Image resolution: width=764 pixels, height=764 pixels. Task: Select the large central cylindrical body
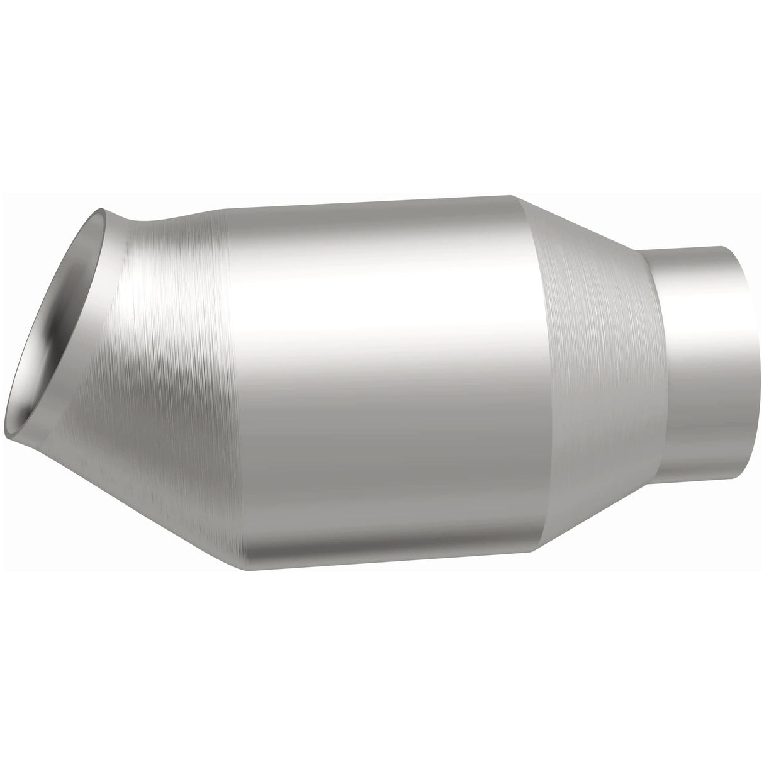pyautogui.click(x=378, y=378)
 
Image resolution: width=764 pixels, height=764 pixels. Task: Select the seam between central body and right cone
pyautogui.click(x=541, y=378)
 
